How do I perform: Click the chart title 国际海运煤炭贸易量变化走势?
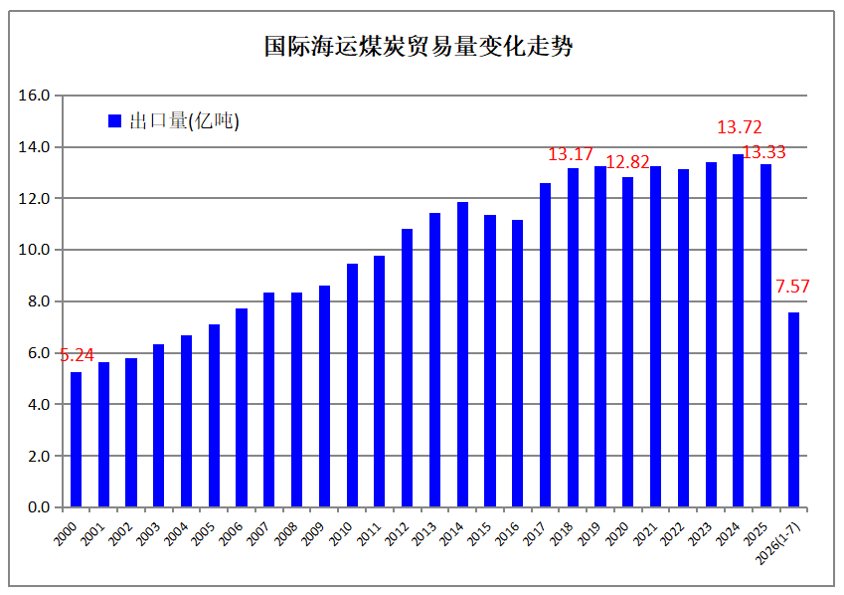[419, 47]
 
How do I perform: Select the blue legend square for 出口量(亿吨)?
[114, 120]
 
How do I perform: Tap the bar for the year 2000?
[76, 439]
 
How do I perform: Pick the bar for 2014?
[462, 354]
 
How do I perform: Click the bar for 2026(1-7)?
[793, 410]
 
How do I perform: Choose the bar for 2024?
[738, 330]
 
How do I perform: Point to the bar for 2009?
[324, 396]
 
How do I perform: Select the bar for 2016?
[517, 363]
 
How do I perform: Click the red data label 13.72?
[740, 127]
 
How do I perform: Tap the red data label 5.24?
[77, 355]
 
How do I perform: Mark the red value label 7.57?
[792, 287]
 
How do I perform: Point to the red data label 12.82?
[627, 162]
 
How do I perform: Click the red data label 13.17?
[571, 154]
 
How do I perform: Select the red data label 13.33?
[763, 152]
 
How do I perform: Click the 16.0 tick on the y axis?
[34, 96]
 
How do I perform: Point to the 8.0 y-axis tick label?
[38, 301]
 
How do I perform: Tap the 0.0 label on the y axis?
[38, 507]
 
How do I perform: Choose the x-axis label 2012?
[398, 533]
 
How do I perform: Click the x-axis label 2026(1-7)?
[777, 543]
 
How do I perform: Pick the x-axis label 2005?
[204, 533]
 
